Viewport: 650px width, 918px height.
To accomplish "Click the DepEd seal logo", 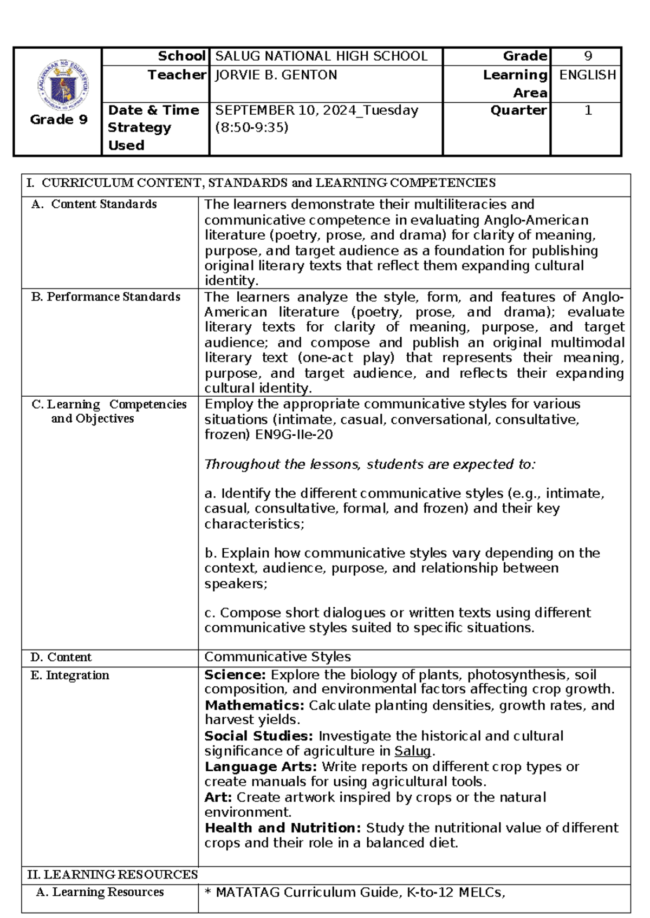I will point(64,84).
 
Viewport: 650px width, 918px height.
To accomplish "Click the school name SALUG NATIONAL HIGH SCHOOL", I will point(321,56).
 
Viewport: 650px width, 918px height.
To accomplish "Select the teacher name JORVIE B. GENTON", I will point(276,75).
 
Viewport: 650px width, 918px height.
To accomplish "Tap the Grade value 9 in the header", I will point(588,56).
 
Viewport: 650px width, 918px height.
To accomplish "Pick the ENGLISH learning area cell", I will point(587,75).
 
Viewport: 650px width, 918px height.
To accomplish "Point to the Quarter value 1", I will point(588,110).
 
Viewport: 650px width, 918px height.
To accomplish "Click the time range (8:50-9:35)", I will point(252,128).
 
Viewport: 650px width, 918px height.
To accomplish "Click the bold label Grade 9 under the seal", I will point(58,120).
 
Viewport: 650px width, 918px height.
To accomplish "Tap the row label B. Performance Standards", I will point(106,297).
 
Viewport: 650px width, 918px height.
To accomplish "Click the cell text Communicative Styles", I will point(277,657).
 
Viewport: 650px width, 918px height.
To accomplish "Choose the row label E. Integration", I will point(70,676).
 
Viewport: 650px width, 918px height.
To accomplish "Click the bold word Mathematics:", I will point(254,705).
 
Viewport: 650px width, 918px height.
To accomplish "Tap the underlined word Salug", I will point(413,751).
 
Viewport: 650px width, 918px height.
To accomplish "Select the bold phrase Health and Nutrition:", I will point(282,828).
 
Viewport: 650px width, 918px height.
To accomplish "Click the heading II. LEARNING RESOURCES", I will point(113,875).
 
